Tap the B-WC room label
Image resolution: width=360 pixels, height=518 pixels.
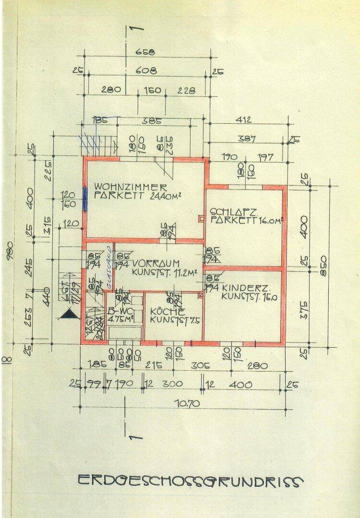pos(118,311)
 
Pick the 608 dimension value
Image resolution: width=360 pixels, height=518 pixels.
pos(145,71)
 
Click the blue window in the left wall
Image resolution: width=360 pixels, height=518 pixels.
pos(85,198)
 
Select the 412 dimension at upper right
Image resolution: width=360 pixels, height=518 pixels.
pos(243,120)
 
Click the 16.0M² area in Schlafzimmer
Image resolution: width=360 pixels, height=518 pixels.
pos(263,221)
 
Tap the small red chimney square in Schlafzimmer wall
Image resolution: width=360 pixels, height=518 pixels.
pos(201,220)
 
